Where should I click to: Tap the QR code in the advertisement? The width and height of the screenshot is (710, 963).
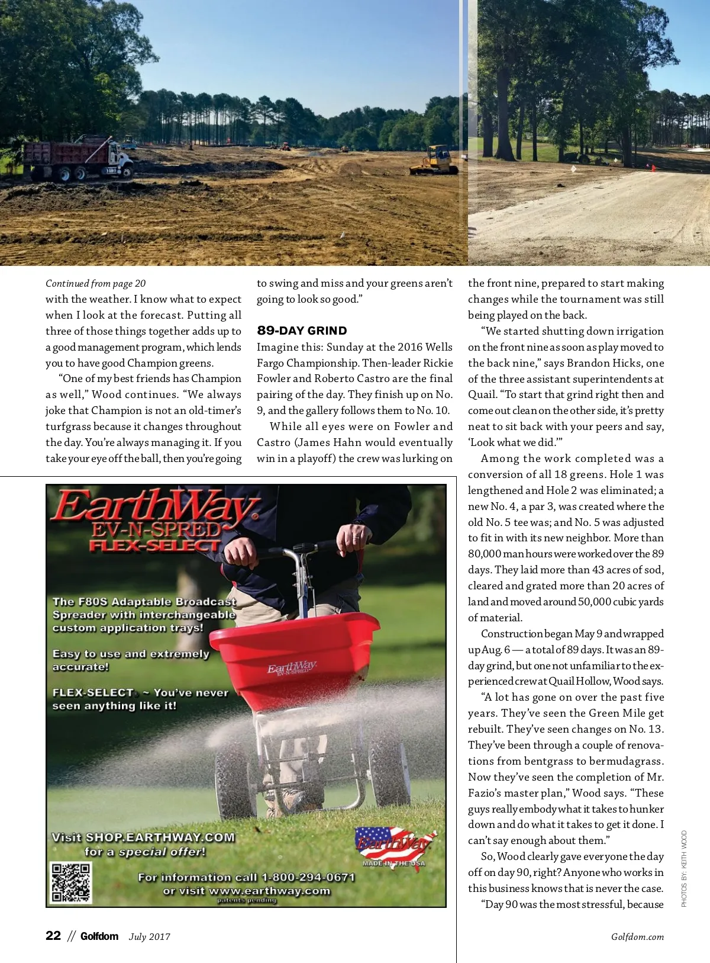point(71,882)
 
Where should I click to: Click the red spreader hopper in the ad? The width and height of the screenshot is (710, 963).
point(294,657)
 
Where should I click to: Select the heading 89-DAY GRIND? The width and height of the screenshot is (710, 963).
point(302,331)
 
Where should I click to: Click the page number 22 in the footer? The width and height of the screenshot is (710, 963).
point(53,936)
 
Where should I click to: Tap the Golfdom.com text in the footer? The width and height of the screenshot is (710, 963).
point(637,937)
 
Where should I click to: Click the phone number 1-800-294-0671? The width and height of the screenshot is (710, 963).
point(308,877)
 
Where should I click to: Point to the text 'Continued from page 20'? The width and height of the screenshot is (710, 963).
point(95,284)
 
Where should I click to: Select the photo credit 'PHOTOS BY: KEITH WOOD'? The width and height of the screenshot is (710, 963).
point(684,869)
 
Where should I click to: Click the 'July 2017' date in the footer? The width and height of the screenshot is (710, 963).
point(150,937)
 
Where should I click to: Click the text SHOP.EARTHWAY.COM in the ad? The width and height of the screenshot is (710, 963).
point(160,837)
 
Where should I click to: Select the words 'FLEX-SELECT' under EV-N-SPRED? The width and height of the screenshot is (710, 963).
point(155,545)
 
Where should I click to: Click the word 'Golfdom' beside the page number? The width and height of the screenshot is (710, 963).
point(99,936)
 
